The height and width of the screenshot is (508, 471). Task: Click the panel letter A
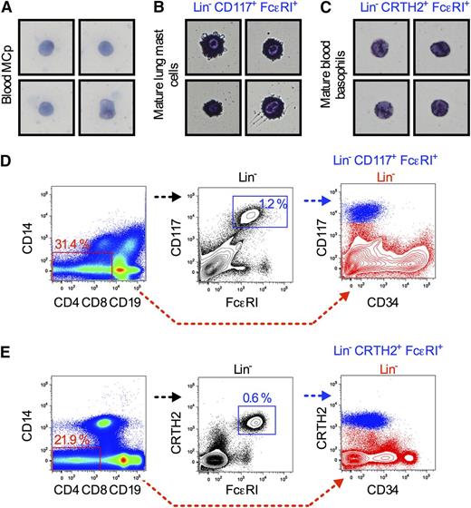click(x=6, y=8)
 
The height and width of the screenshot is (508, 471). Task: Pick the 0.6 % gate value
click(x=255, y=396)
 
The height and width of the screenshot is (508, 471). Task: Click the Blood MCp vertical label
click(x=13, y=82)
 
